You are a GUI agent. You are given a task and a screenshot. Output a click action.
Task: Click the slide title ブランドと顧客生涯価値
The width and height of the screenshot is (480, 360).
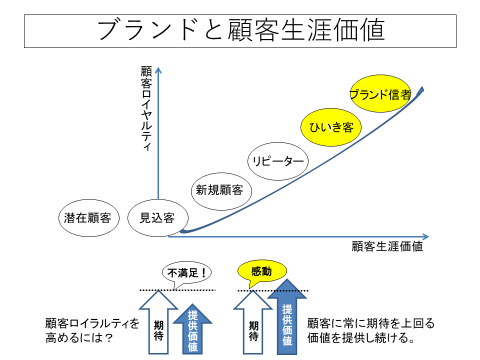240,30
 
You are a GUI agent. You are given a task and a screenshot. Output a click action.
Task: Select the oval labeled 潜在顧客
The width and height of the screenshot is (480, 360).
88,218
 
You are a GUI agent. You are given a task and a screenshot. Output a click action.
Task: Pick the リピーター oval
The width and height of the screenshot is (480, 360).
278,161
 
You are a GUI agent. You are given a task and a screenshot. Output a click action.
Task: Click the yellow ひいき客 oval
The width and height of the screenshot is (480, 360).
331,127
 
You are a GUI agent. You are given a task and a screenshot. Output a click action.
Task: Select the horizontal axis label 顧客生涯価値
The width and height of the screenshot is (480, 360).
387,246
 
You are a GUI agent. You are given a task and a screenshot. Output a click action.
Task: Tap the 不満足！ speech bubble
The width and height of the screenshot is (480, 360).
186,272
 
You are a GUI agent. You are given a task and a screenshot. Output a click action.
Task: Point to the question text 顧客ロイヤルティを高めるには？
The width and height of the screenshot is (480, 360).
92,330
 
